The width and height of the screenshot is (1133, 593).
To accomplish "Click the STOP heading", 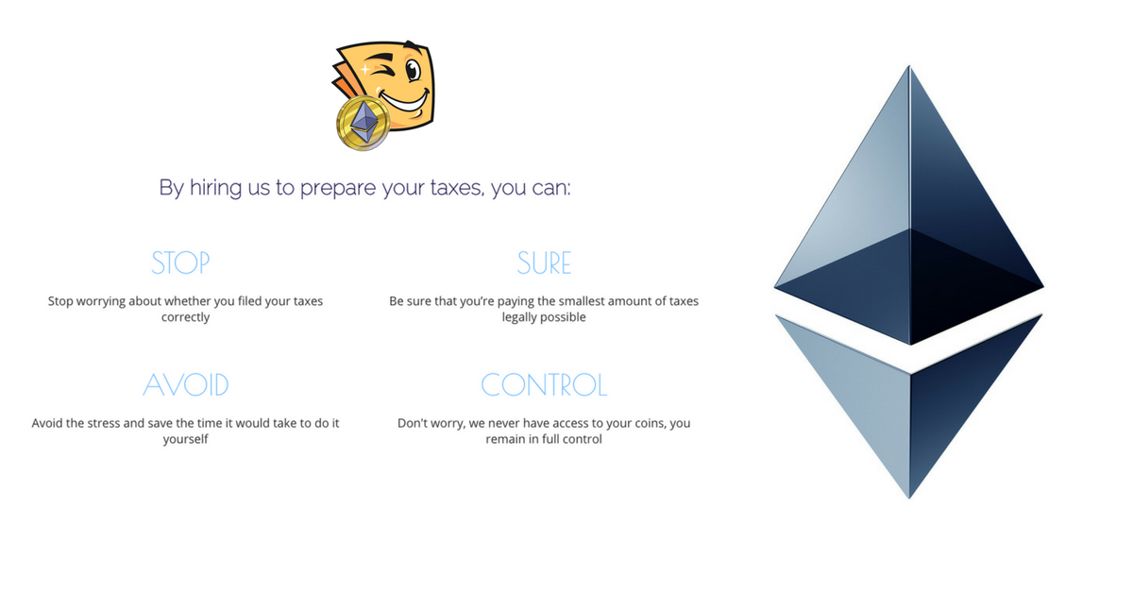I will tap(180, 263).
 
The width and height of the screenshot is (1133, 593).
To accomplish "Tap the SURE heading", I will tap(544, 263).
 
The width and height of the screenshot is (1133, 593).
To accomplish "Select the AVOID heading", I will tap(186, 385).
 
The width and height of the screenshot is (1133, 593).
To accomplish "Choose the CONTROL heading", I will tap(544, 385).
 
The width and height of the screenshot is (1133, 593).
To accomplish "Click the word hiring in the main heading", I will tap(216, 188).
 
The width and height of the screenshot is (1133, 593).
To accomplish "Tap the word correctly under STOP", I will tap(185, 317).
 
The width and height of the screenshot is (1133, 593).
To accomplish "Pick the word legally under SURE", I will tap(524, 317).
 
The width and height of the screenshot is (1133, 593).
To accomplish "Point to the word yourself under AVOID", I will tap(185, 439).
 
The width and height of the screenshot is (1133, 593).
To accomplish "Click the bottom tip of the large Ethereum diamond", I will tap(909, 498).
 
